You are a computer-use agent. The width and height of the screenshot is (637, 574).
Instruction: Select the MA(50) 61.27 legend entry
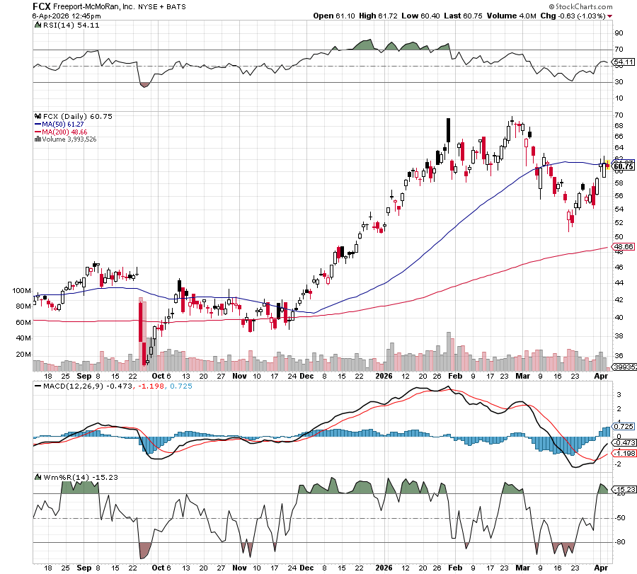click(58, 124)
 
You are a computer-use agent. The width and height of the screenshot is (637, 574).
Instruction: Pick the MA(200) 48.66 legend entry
click(59, 132)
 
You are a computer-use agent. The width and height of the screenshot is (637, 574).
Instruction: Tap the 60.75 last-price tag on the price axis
click(624, 166)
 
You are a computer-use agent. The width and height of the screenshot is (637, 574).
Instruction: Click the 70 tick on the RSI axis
click(618, 50)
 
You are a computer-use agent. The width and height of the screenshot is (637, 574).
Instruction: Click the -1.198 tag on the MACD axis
click(624, 452)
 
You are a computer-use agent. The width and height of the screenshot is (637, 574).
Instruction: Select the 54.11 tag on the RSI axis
click(624, 62)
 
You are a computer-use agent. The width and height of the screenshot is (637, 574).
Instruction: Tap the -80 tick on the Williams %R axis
click(619, 543)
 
